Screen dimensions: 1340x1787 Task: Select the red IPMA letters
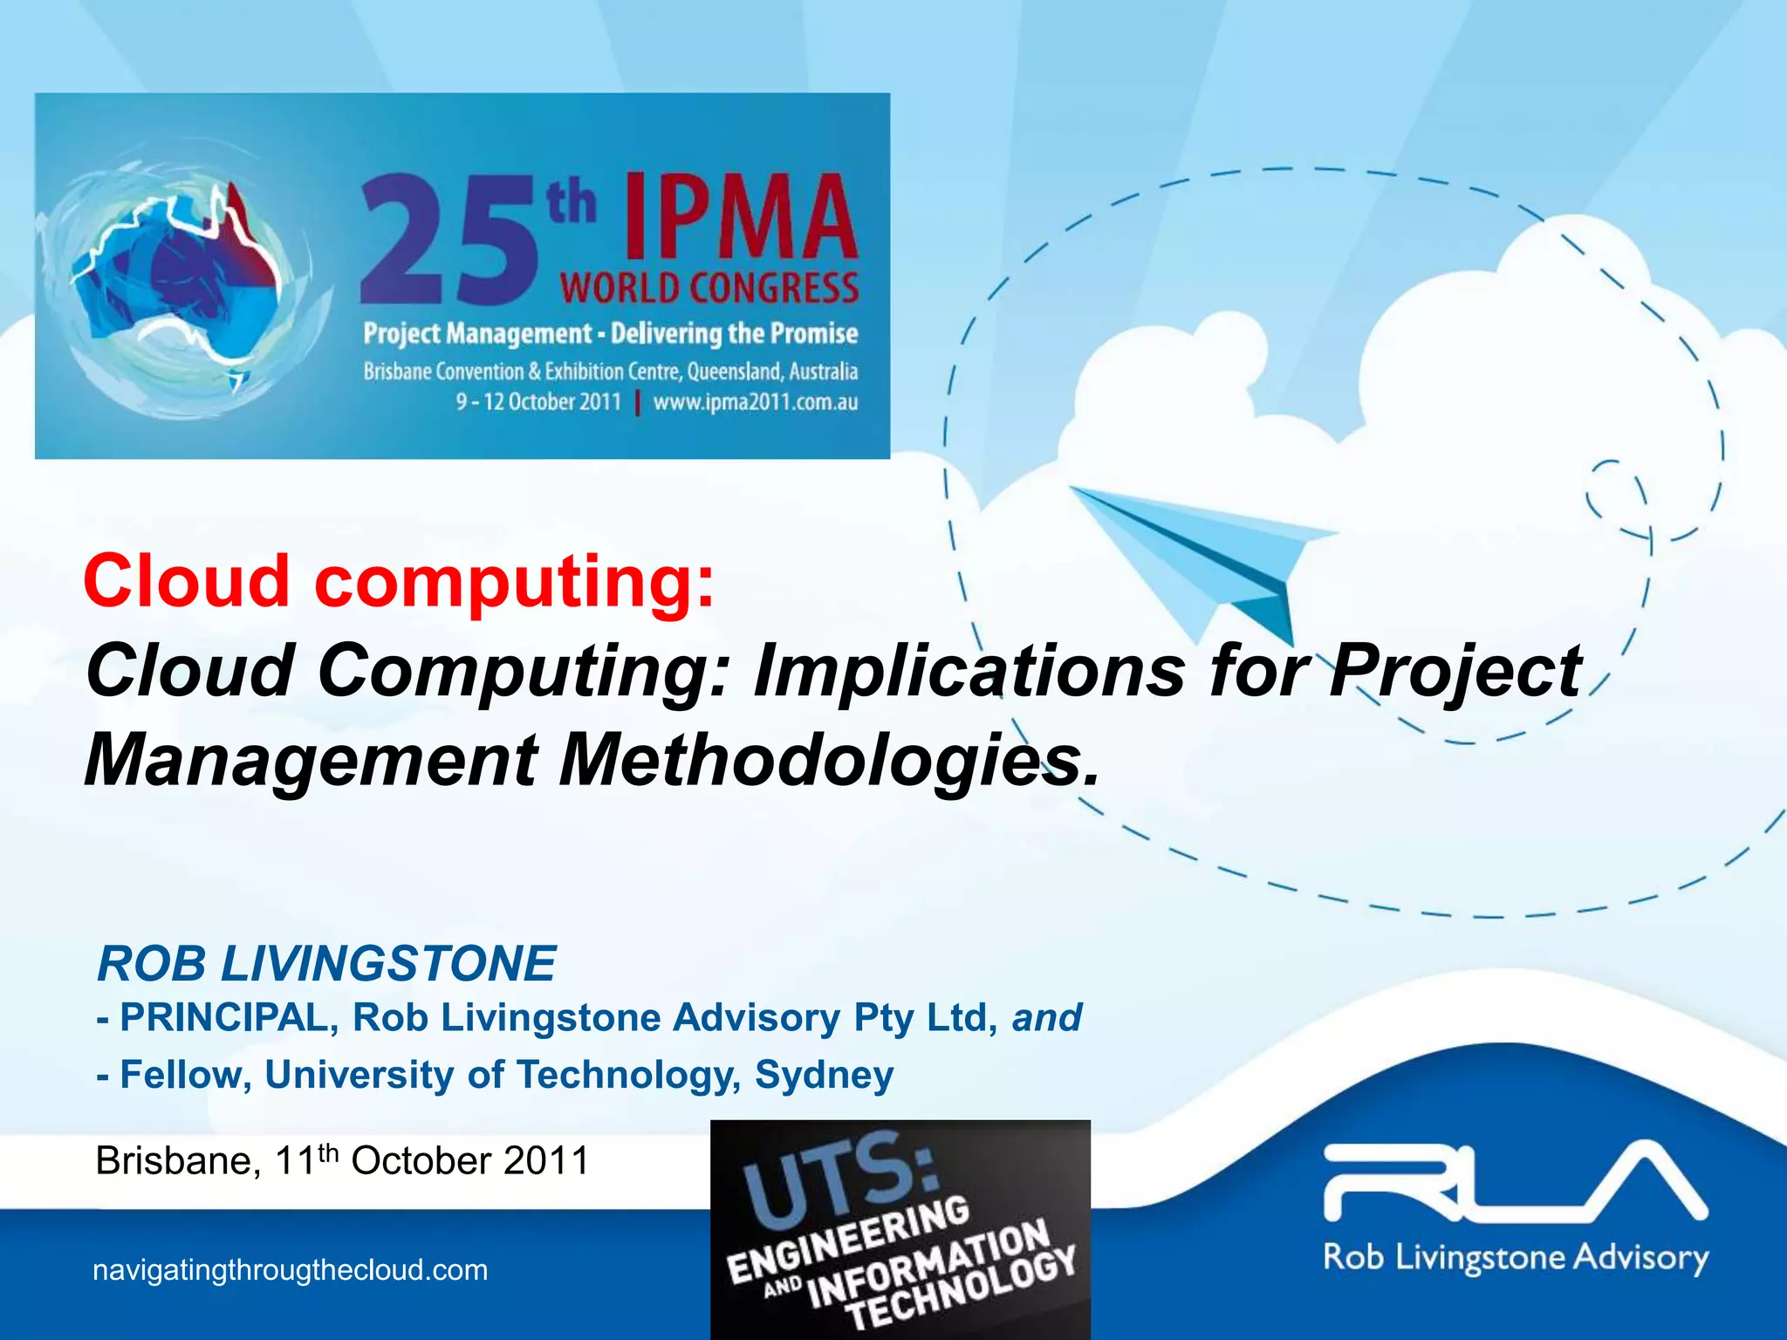[740, 218]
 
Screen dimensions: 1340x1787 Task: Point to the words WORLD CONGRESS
[709, 288]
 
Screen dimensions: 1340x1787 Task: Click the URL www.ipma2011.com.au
[755, 402]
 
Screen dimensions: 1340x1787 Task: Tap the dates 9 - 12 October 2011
[538, 402]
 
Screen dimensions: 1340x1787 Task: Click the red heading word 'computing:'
[515, 581]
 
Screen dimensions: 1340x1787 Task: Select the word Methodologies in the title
[829, 759]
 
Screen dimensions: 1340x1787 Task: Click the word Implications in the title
[969, 670]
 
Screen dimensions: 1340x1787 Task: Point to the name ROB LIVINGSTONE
[326, 963]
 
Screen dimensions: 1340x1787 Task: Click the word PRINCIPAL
[223, 1017]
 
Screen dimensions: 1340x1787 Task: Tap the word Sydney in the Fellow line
[824, 1074]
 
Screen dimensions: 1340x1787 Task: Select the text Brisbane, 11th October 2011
[342, 1161]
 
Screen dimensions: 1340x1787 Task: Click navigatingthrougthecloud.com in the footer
[290, 1270]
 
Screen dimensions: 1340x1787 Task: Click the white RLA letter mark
[1515, 1181]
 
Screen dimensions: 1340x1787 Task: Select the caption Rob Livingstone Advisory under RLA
[1515, 1258]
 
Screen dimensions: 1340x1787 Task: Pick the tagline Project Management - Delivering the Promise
[611, 334]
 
